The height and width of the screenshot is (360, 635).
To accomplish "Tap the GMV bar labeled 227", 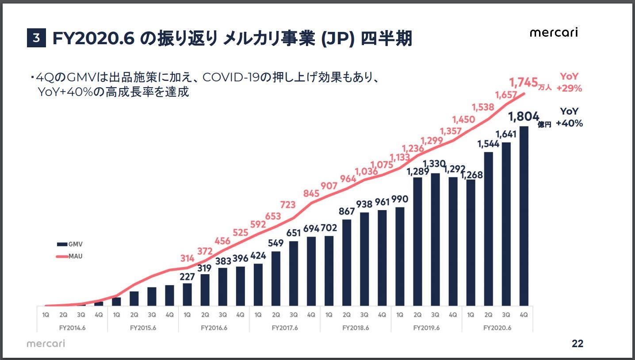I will [x=187, y=295].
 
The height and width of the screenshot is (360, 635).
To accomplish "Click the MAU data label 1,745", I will [x=523, y=82].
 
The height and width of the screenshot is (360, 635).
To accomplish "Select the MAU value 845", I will [x=311, y=193].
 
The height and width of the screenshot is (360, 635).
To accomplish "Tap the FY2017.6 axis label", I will [x=285, y=328].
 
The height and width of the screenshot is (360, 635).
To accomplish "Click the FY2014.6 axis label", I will [x=72, y=328].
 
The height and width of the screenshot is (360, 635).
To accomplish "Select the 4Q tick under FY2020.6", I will [x=524, y=315].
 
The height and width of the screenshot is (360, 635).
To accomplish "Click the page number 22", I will [x=577, y=344].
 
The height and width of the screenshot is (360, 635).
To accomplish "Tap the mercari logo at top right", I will [x=554, y=33].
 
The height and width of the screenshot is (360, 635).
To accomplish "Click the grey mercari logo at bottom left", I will [x=46, y=344].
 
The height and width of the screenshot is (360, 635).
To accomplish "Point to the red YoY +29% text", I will [x=569, y=82].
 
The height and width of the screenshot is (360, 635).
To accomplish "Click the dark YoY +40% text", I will [x=569, y=118].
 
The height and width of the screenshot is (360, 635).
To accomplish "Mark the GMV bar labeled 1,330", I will [x=435, y=239].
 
